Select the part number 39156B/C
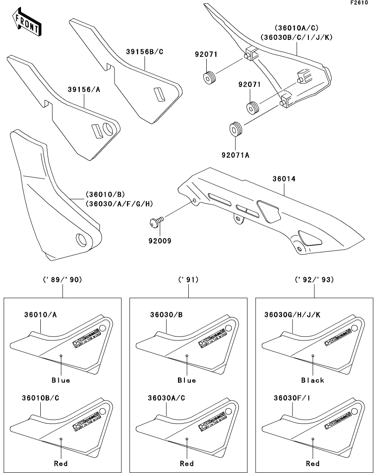point(145,52)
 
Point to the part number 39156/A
point(84,90)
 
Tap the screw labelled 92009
point(156,221)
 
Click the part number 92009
point(160,241)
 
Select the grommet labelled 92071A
point(235,128)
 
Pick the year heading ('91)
point(189,280)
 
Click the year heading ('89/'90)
point(63,280)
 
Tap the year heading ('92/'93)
point(315,280)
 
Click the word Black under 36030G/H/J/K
point(313,380)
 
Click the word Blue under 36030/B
point(187,380)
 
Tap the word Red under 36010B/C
point(61,464)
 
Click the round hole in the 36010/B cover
point(81,239)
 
